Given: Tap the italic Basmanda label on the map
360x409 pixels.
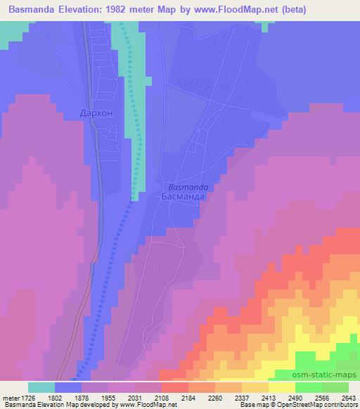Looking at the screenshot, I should pos(188,187).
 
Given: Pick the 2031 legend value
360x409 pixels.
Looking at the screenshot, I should pos(148,397).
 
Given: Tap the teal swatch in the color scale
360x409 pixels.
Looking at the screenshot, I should pos(41,387).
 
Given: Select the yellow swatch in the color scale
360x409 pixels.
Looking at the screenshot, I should pos(282,387).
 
